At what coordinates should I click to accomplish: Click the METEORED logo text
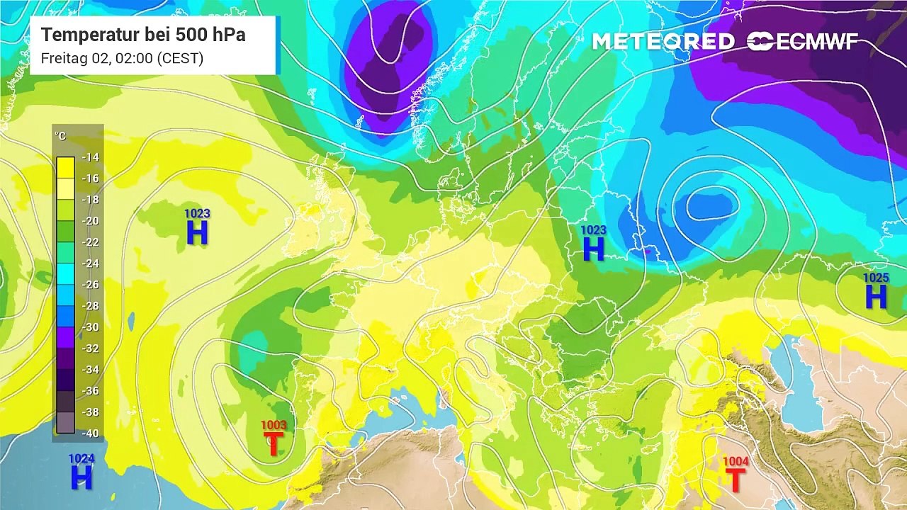point(663,42)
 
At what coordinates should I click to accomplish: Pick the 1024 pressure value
point(81,459)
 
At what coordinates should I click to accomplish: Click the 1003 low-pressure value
point(274,426)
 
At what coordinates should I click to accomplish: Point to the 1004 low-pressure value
point(736,462)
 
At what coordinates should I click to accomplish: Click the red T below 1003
point(274,444)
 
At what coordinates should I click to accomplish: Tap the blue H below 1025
point(876,297)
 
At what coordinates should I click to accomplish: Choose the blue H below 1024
point(81,478)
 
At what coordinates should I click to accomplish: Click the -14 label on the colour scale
point(90,157)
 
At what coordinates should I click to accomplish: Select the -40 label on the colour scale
point(90,433)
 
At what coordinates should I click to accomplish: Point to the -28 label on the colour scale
point(90,306)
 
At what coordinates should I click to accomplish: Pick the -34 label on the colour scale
point(90,370)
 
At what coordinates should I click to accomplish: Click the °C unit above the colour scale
point(61,136)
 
